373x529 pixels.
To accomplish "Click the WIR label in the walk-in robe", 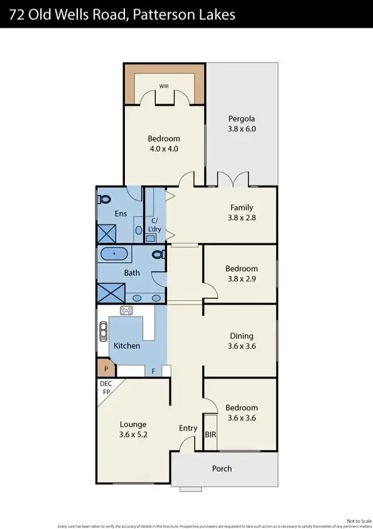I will click(163, 86).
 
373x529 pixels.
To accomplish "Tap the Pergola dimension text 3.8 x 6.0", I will click(242, 129).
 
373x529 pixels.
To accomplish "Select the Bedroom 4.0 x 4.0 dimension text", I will click(164, 149).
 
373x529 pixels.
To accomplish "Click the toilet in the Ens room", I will click(104, 199).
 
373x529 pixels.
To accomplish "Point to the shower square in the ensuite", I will click(105, 233).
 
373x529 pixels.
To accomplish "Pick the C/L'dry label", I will click(154, 226).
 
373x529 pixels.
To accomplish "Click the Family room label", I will click(242, 208).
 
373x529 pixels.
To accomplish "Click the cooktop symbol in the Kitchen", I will click(126, 310).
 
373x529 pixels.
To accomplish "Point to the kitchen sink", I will click(103, 331).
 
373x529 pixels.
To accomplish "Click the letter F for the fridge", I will click(153, 371).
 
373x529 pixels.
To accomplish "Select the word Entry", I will click(188, 428).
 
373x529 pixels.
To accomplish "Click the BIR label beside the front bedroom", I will click(210, 434).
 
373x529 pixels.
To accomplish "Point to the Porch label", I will click(222, 469).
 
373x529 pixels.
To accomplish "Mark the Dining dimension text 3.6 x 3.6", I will click(242, 346).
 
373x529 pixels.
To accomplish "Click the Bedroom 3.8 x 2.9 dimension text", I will click(242, 279).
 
